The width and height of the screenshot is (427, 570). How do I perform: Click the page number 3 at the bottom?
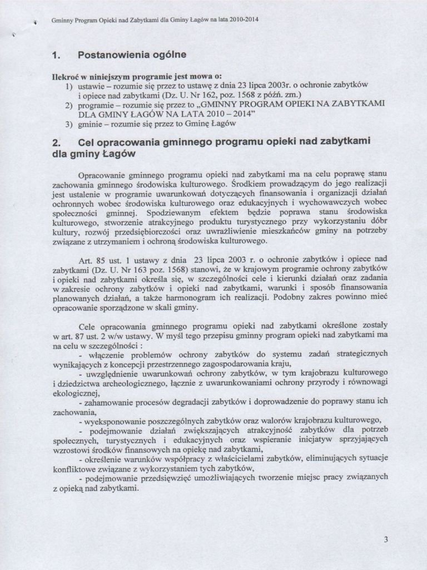click(386, 539)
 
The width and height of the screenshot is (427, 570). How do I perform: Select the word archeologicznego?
click(128, 385)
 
